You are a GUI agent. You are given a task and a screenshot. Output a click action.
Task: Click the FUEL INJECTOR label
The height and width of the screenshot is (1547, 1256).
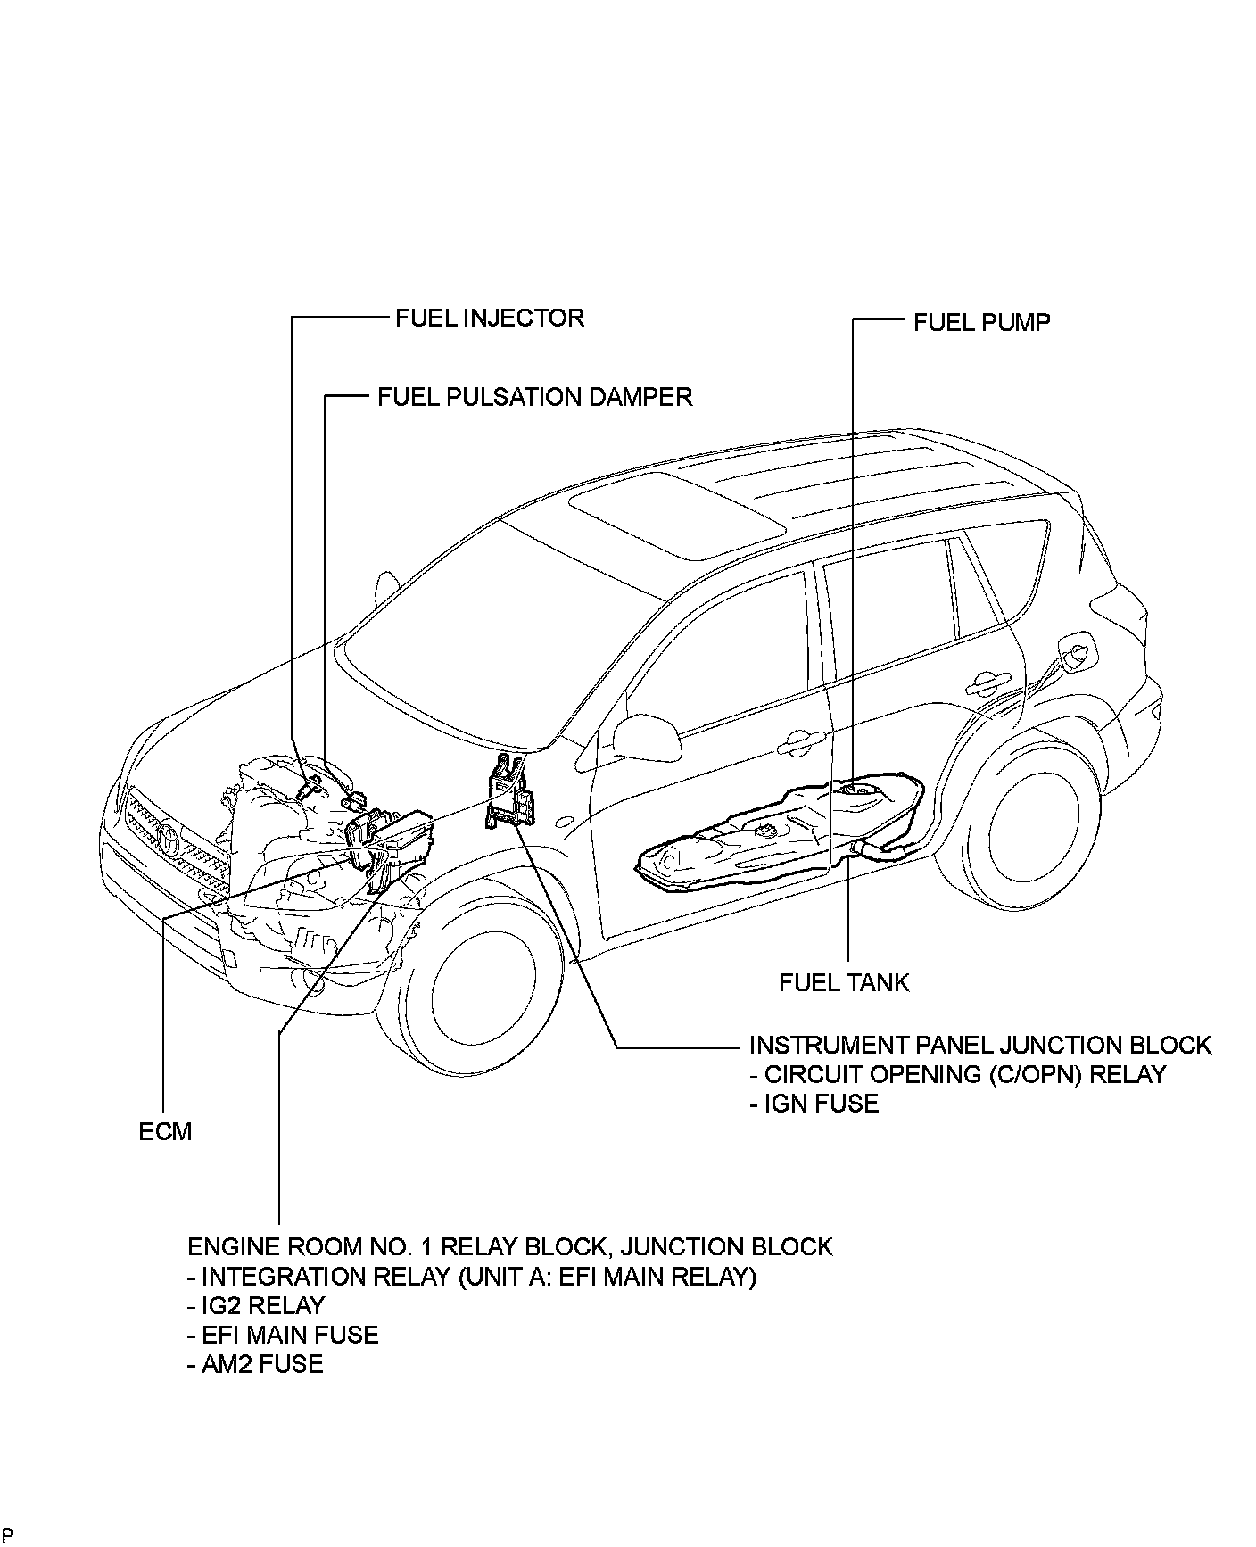click(489, 318)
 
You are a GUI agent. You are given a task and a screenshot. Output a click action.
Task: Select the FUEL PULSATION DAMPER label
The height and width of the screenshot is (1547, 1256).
click(534, 397)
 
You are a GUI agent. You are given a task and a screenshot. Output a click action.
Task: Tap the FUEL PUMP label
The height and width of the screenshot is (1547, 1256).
click(981, 322)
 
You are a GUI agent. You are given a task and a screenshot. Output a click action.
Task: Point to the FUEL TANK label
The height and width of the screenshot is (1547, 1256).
click(843, 983)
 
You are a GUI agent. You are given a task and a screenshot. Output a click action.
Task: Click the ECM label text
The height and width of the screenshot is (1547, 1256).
click(166, 1132)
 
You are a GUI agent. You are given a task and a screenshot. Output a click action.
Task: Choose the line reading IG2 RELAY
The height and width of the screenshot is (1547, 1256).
click(256, 1306)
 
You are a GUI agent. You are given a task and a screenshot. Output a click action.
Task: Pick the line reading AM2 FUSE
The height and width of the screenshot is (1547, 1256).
click(255, 1365)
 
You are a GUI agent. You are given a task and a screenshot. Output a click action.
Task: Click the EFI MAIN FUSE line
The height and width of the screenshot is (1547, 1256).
click(283, 1336)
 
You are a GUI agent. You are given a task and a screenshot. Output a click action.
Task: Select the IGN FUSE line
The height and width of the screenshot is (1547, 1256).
click(814, 1104)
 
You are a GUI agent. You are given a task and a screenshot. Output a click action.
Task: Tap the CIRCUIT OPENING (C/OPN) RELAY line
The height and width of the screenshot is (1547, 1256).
click(957, 1074)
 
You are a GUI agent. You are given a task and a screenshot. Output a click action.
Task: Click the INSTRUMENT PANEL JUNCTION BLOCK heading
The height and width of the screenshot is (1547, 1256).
click(979, 1045)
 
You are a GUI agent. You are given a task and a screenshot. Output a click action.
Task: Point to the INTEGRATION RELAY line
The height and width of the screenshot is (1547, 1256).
click(472, 1277)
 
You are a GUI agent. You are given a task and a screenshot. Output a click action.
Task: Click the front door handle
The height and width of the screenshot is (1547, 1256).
click(802, 740)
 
